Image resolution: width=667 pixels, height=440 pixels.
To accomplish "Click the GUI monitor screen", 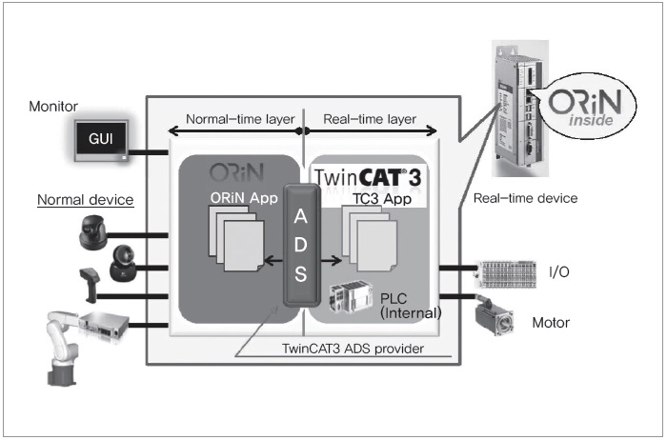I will [x=100, y=138].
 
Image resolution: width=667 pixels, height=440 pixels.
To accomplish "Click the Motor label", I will [x=550, y=323].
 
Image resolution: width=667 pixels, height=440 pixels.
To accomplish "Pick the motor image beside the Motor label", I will [x=496, y=319].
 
